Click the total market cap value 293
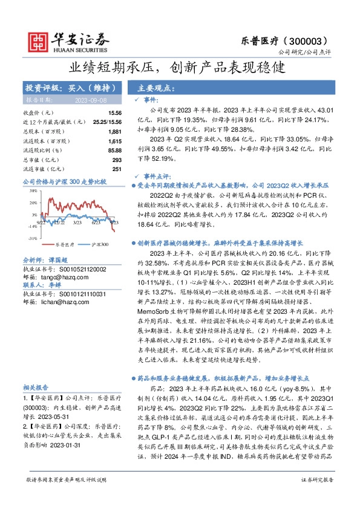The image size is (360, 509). [x=117, y=159]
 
